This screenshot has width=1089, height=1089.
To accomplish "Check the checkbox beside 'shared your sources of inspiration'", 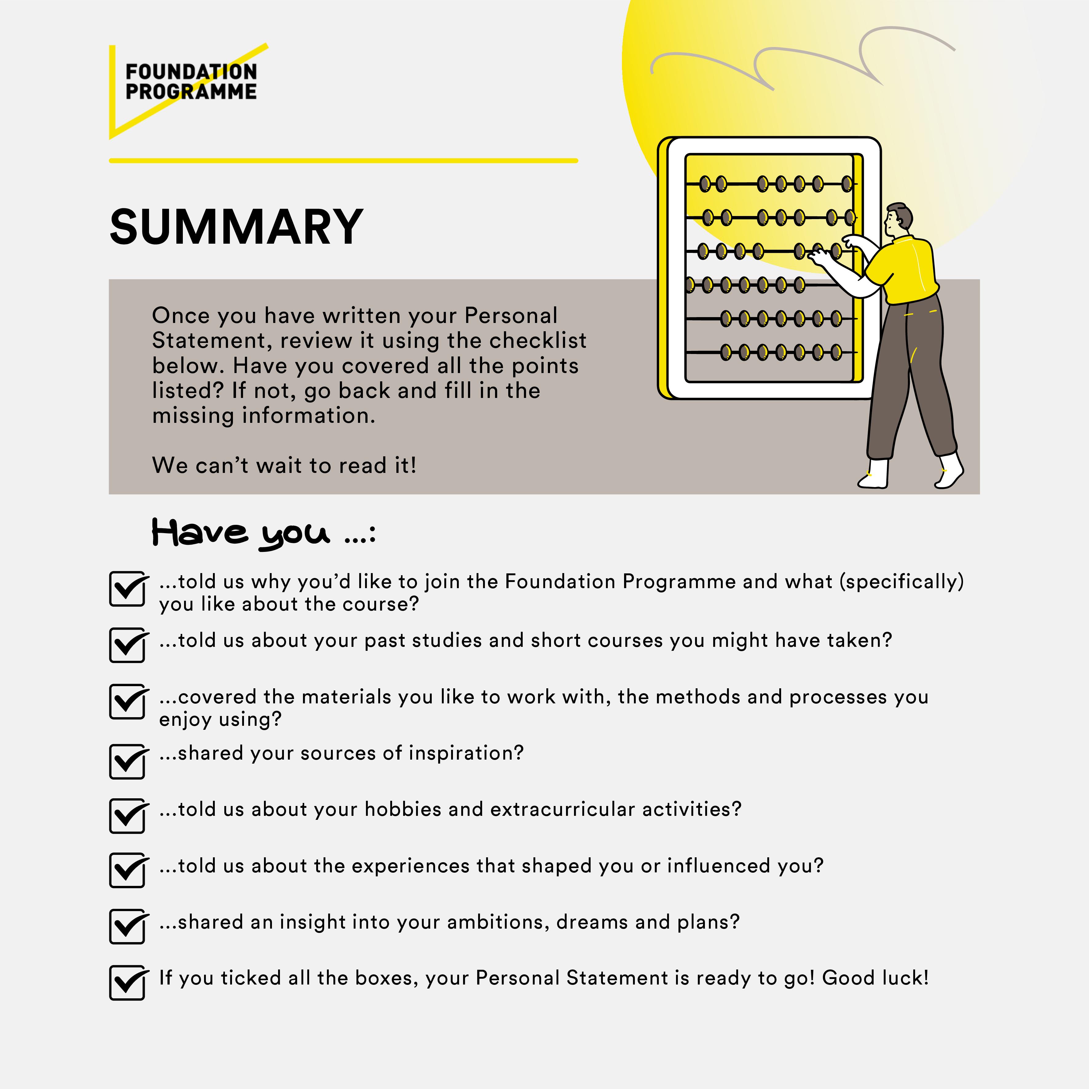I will [x=128, y=761].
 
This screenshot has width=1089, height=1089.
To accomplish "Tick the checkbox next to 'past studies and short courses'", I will [x=128, y=645].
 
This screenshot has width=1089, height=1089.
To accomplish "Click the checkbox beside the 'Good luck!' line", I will [x=128, y=983].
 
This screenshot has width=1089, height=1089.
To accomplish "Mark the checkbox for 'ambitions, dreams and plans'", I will [x=128, y=927].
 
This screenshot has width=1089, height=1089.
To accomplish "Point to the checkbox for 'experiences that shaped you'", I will [x=128, y=871].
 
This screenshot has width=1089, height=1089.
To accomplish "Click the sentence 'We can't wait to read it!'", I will [x=284, y=466].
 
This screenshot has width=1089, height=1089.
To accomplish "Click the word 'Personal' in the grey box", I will [x=511, y=316].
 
